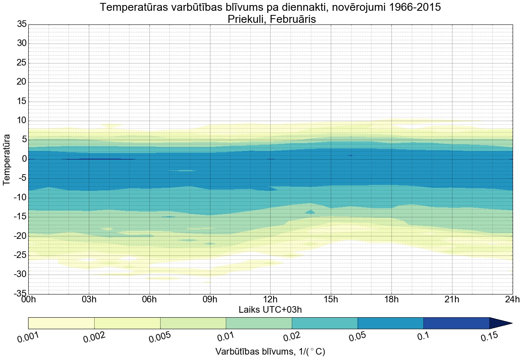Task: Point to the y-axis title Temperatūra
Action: click(x=7, y=159)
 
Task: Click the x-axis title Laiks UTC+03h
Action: click(x=270, y=309)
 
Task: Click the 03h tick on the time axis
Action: click(x=89, y=300)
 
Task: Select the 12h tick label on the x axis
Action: click(x=270, y=300)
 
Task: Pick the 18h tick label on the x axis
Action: click(x=391, y=300)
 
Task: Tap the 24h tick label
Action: click(x=512, y=300)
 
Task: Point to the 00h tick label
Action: click(x=28, y=300)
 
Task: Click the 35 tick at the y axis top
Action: click(x=21, y=24)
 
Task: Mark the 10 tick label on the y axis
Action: click(x=21, y=121)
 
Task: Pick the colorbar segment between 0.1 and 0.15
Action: click(x=456, y=323)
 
